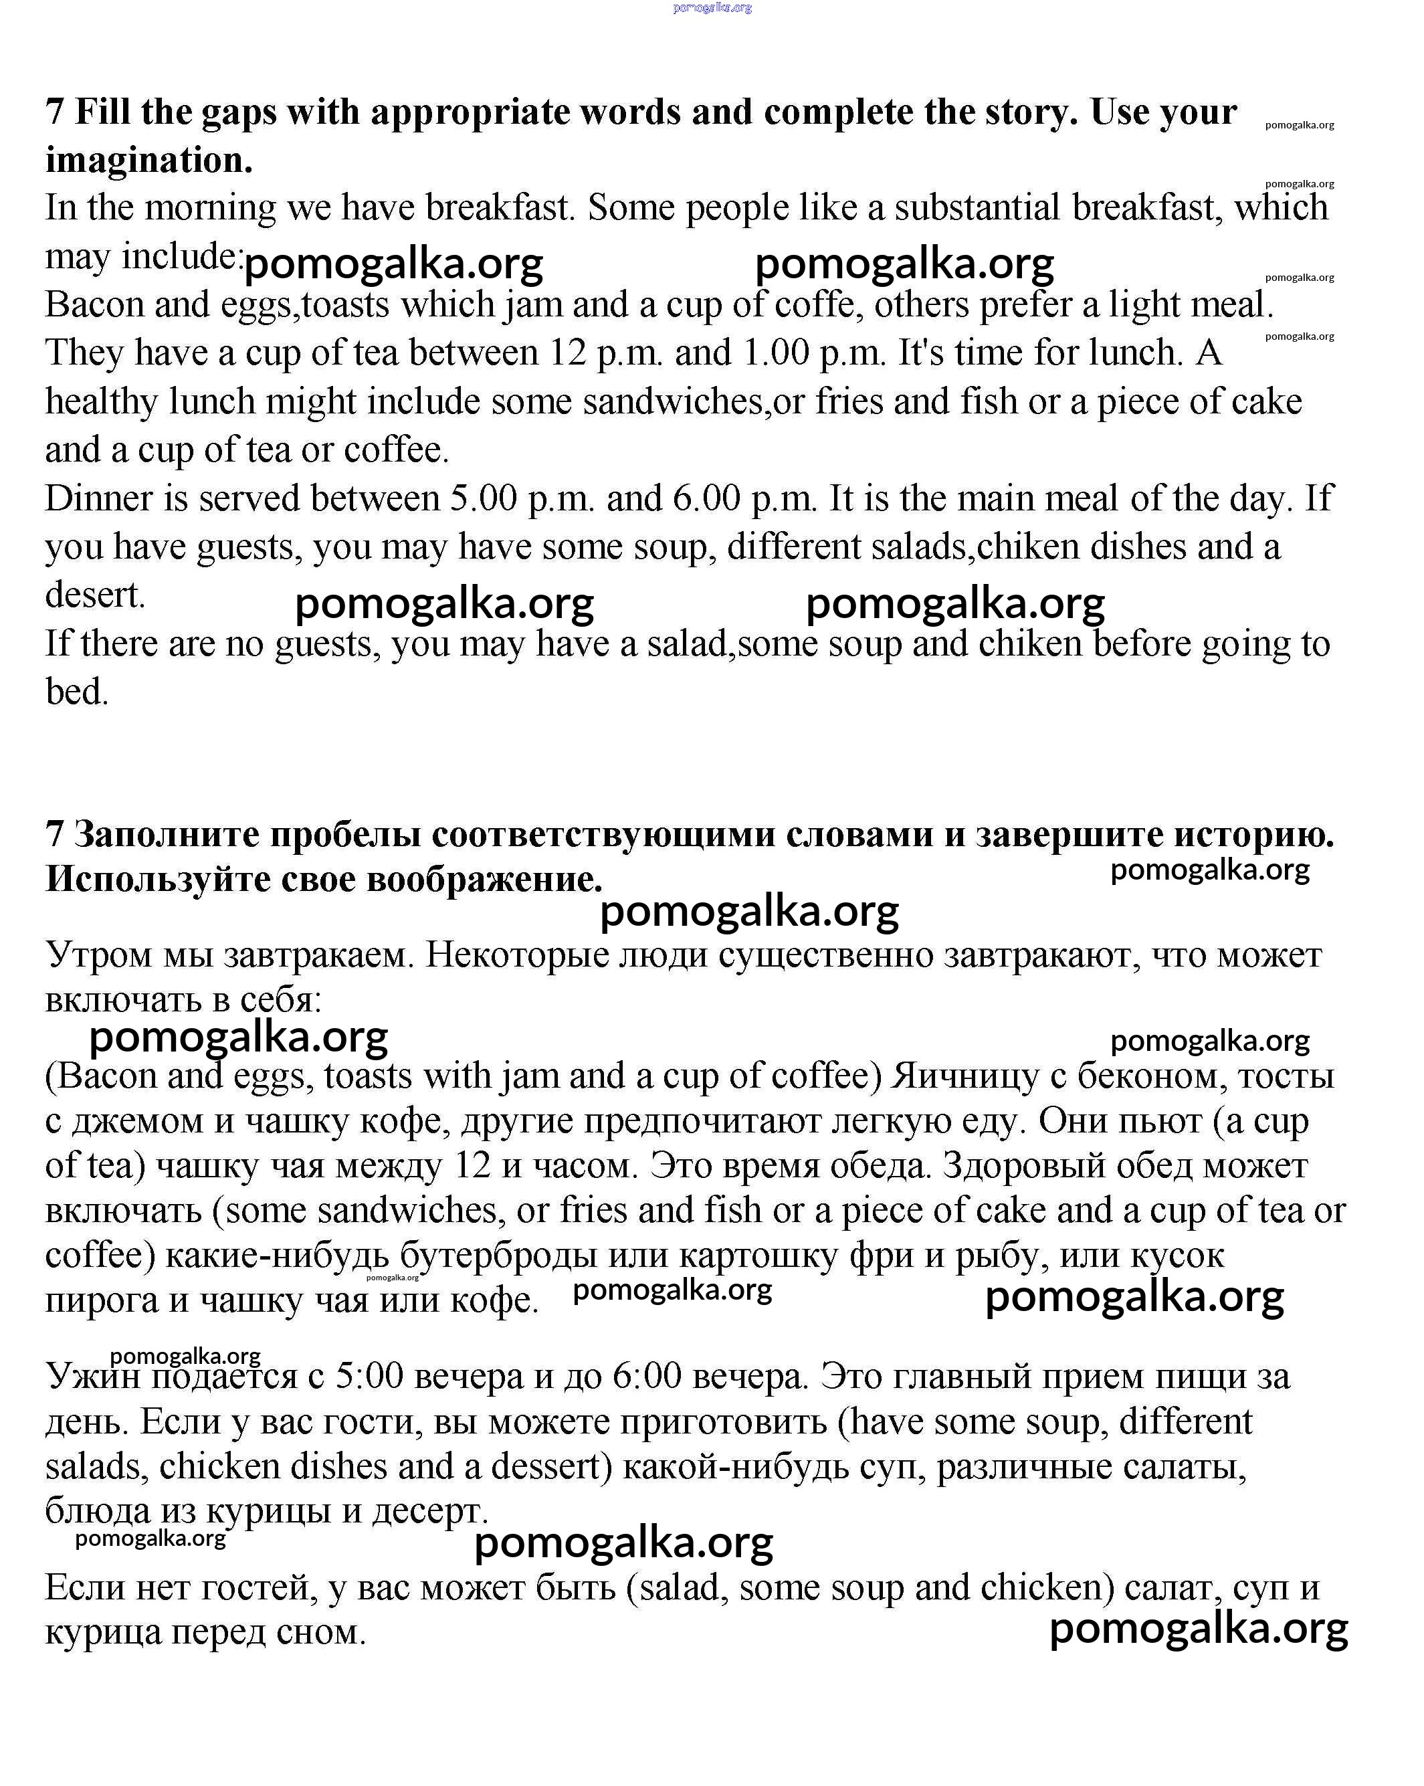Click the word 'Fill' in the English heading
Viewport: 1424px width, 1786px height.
(103, 112)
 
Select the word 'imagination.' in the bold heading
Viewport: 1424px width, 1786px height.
(149, 160)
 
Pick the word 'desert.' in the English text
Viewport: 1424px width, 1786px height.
(95, 595)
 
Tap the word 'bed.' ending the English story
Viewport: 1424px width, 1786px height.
(77, 692)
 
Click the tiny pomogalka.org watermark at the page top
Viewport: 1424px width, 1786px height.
(712, 7)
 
